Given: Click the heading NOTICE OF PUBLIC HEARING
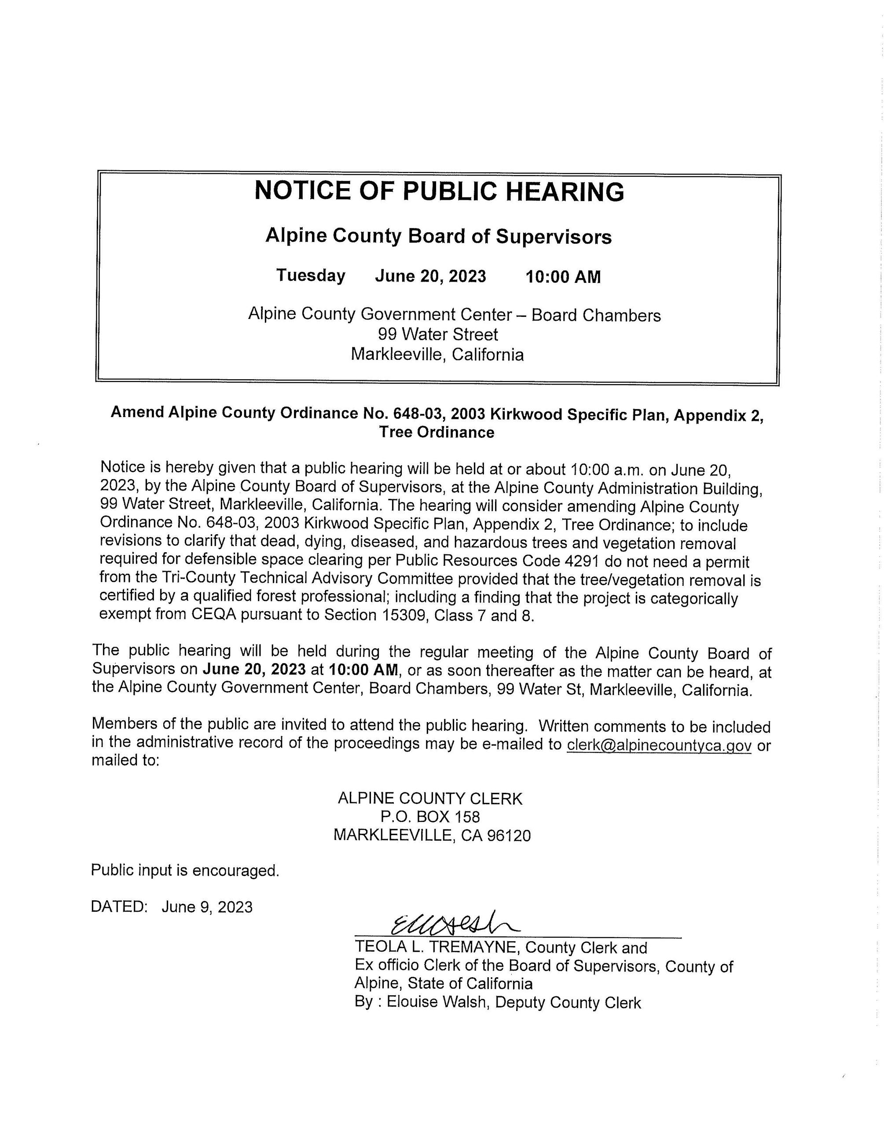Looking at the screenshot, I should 439,192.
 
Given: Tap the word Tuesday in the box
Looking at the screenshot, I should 311,275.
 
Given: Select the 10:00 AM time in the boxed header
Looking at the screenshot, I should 563,277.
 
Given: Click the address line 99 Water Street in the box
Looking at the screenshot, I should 438,334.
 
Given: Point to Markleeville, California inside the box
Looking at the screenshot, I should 437,355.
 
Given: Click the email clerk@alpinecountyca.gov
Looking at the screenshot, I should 659,745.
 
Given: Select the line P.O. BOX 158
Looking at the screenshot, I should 430,817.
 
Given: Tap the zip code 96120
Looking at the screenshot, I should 509,836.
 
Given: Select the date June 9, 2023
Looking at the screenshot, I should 207,907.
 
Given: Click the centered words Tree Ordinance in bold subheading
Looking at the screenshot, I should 437,432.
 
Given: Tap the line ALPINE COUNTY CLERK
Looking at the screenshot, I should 430,798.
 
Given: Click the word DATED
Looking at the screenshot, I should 119,907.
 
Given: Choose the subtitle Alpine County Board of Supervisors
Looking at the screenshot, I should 438,236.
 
